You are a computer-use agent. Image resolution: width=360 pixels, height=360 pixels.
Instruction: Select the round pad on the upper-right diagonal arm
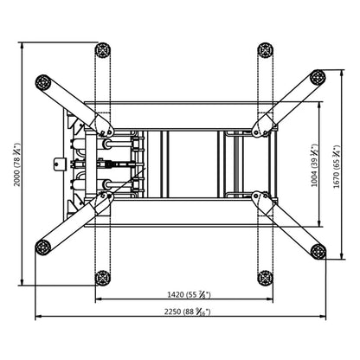(319, 78)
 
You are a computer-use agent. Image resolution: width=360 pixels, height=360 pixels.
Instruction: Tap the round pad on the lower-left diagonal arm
(42, 249)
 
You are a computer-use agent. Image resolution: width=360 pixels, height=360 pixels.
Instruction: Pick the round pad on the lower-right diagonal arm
(318, 251)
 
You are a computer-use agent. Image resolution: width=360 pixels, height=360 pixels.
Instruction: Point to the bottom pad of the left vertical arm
(103, 278)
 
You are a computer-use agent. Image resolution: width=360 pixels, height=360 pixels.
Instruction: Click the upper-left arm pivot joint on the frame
(107, 131)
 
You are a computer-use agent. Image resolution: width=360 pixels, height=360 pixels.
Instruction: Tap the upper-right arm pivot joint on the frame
(258, 130)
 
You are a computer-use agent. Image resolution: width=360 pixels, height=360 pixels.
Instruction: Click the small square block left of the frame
(60, 161)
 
